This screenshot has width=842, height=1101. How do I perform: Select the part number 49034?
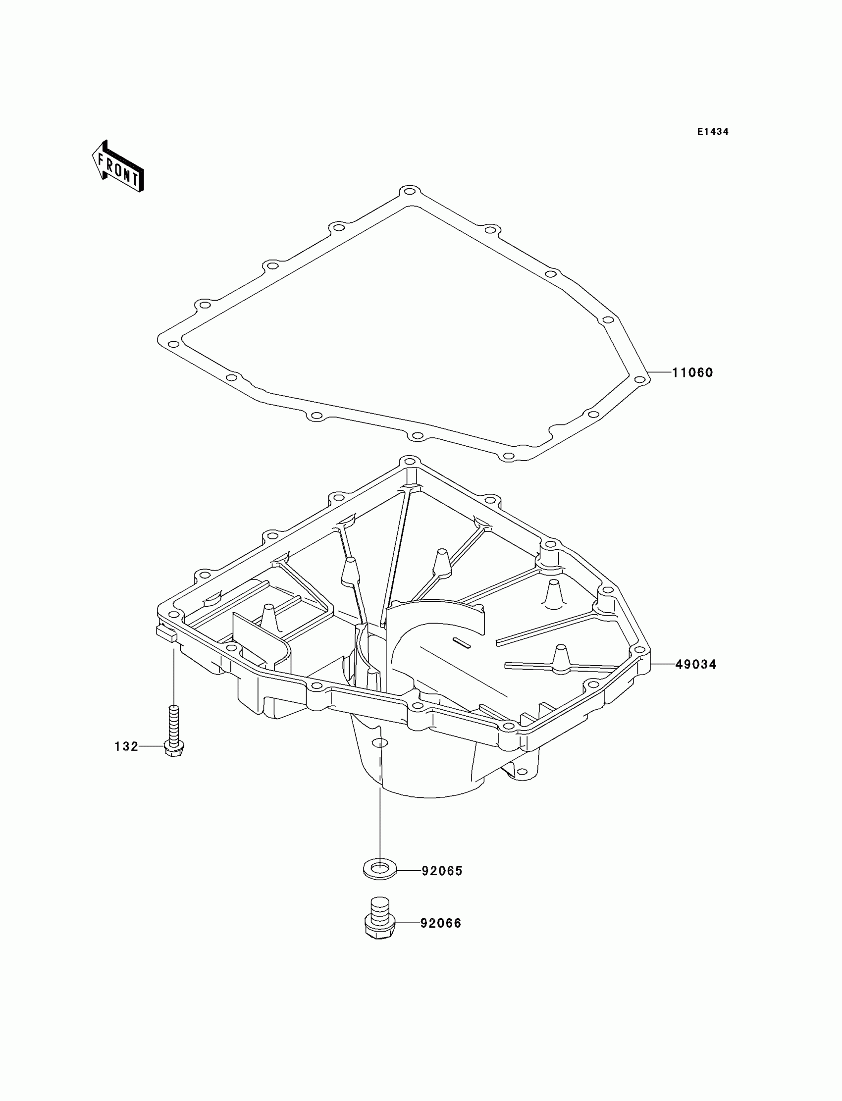coord(696,665)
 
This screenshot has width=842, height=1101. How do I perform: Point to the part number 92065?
coord(441,871)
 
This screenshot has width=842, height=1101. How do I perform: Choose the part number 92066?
coord(440,923)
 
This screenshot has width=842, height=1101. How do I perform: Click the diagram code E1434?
coord(713,132)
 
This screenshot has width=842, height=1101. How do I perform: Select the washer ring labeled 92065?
coord(379,869)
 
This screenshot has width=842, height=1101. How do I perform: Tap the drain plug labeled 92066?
coord(379,918)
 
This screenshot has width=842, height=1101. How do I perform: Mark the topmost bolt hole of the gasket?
coord(410,192)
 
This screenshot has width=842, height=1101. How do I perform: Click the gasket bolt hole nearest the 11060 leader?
coord(639,379)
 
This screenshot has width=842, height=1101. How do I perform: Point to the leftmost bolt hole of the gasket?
coord(173,344)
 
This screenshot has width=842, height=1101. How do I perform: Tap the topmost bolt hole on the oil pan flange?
coord(410,462)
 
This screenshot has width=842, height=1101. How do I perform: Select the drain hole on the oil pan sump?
coord(379,743)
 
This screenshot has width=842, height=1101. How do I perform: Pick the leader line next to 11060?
coord(660,372)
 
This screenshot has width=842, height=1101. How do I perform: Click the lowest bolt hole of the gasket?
coord(508,456)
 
